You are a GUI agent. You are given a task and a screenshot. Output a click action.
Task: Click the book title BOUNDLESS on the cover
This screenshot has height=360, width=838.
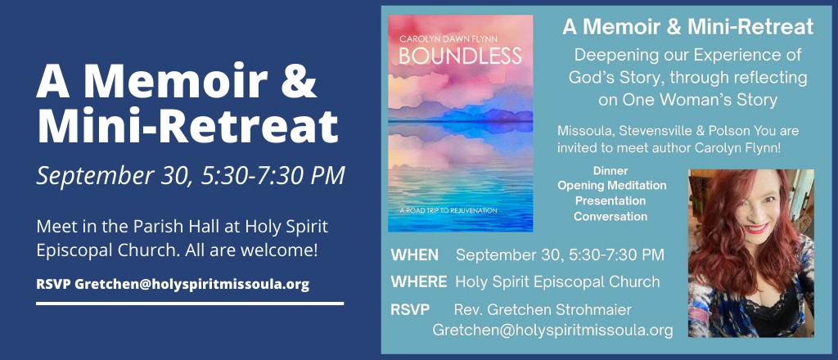pyautogui.click(x=460, y=56)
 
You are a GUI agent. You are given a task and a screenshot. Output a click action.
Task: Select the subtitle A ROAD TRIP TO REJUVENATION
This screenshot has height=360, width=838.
pyautogui.click(x=448, y=210)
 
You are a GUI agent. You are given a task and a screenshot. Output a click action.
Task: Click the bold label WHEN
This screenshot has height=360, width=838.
pyautogui.click(x=415, y=254)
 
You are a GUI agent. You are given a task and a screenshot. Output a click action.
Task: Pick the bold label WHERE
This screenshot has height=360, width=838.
pyautogui.click(x=419, y=281)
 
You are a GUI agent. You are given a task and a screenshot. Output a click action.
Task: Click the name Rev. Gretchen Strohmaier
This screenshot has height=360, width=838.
pyautogui.click(x=543, y=309)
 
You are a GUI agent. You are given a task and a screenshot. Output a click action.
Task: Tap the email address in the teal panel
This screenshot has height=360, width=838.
pyautogui.click(x=552, y=330)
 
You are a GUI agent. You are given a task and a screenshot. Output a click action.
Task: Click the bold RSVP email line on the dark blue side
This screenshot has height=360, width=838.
pyautogui.click(x=173, y=284)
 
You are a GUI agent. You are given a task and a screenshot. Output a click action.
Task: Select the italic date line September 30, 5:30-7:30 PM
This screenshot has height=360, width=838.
pyautogui.click(x=190, y=176)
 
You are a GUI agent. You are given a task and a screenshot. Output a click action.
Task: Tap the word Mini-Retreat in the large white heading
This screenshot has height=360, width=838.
pyautogui.click(x=187, y=128)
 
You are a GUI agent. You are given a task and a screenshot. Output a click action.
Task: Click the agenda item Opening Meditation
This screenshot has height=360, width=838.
pyautogui.click(x=612, y=186)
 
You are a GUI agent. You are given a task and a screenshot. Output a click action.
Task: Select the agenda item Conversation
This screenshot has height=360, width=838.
pyautogui.click(x=610, y=216)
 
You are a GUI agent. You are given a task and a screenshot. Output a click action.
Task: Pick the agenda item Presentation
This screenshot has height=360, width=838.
pyautogui.click(x=610, y=200)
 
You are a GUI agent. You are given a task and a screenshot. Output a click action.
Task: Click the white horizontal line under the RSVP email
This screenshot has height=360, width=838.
pyautogui.click(x=190, y=304)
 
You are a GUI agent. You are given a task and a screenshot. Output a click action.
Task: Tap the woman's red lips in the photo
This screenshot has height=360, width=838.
pyautogui.click(x=755, y=228)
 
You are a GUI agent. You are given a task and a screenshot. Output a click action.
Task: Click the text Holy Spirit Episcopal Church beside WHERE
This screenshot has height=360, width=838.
pyautogui.click(x=557, y=281)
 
